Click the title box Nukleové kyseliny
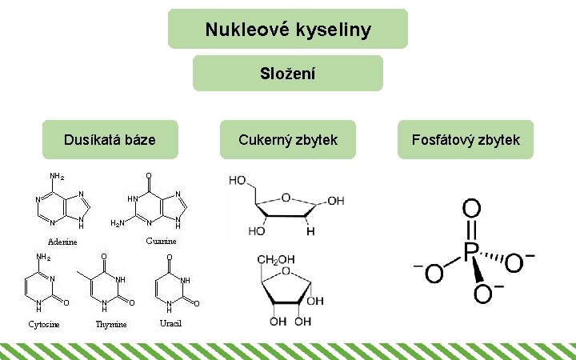(287, 30)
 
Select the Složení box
(287, 74)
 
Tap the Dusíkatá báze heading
(110, 140)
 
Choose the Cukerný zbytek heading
(288, 140)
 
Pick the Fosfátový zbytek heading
(466, 140)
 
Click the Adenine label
(62, 242)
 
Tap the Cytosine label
(43, 324)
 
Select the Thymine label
(111, 324)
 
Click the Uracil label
(170, 322)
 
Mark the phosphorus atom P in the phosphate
(471, 254)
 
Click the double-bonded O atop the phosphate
(471, 210)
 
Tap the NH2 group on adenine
(57, 177)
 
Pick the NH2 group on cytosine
(43, 258)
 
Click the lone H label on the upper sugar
(311, 230)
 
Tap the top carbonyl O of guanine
(148, 176)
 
